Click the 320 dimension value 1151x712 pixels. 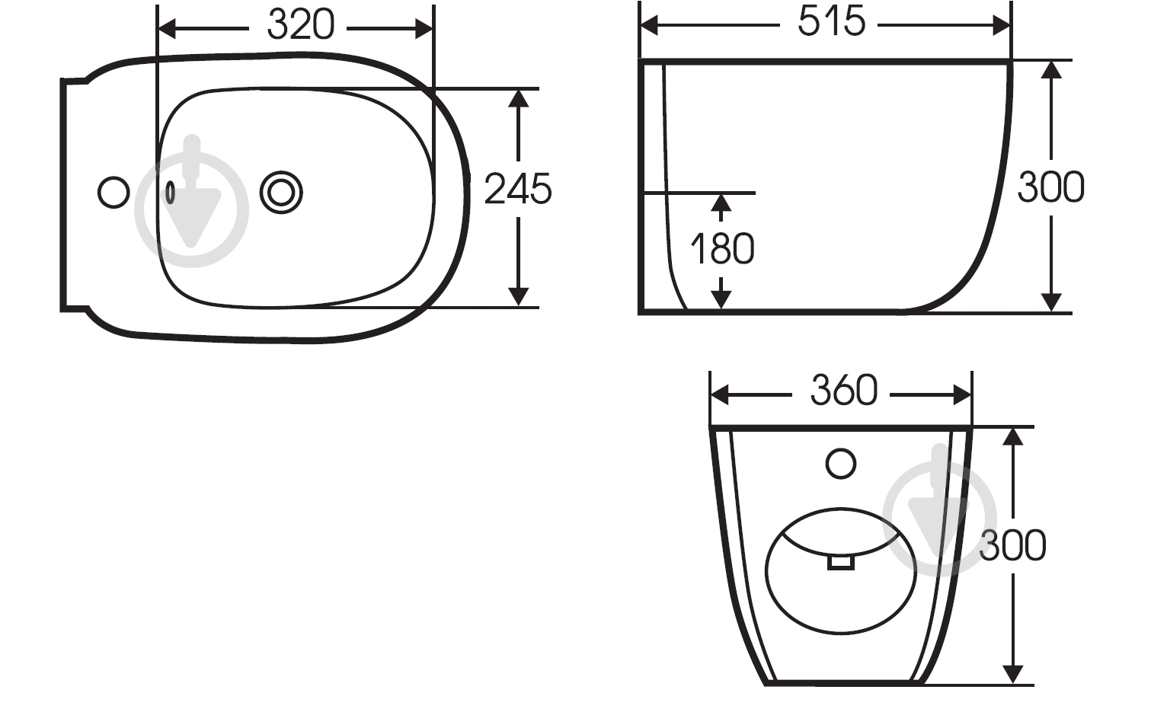point(301,24)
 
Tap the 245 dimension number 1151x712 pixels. point(518,189)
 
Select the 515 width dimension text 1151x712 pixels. point(831,21)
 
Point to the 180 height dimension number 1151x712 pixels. point(722,249)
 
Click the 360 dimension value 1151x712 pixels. point(844,391)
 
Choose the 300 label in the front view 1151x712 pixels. point(1012,545)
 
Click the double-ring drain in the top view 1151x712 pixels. point(281,193)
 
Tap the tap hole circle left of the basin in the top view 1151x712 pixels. point(114,193)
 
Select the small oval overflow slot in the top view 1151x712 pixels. point(170,193)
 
